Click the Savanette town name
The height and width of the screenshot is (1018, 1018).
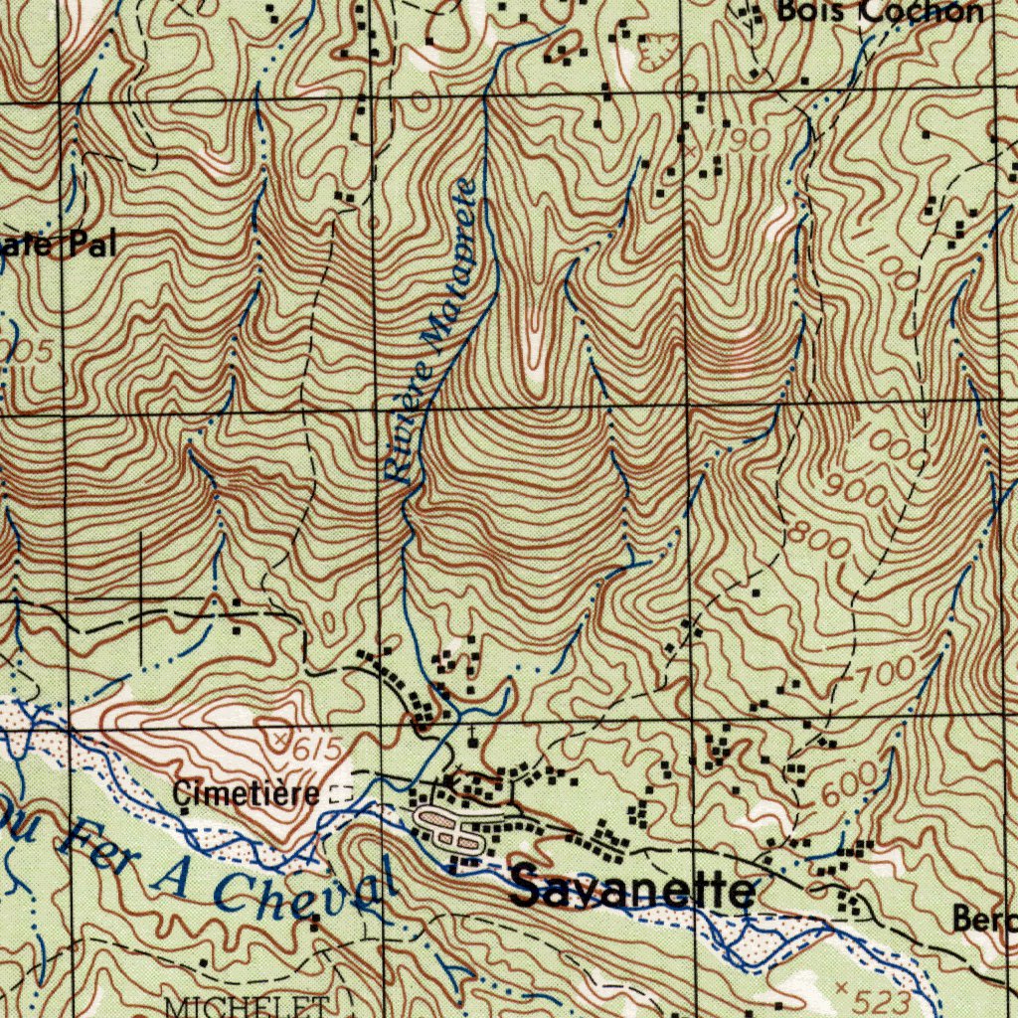click(x=632, y=890)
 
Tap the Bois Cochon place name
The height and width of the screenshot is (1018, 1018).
click(x=879, y=12)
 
